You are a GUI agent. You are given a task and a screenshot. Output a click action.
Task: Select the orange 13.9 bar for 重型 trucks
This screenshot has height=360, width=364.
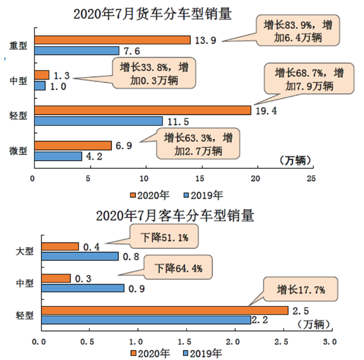click(112, 40)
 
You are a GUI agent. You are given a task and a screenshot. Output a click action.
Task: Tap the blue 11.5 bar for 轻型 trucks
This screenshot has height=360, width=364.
click(98, 121)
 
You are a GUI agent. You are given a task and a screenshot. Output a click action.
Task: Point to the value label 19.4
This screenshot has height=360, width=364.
click(267, 111)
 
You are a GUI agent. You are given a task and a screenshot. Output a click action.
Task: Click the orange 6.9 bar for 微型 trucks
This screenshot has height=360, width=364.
click(73, 146)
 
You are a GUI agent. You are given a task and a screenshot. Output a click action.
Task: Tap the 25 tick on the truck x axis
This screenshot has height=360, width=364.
click(312, 179)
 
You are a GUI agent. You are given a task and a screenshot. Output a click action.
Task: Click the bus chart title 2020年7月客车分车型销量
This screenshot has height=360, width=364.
click(174, 215)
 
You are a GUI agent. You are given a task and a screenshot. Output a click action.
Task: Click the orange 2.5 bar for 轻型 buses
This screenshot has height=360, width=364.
click(165, 310)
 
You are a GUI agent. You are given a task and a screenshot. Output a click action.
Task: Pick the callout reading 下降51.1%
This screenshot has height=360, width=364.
click(163, 238)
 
